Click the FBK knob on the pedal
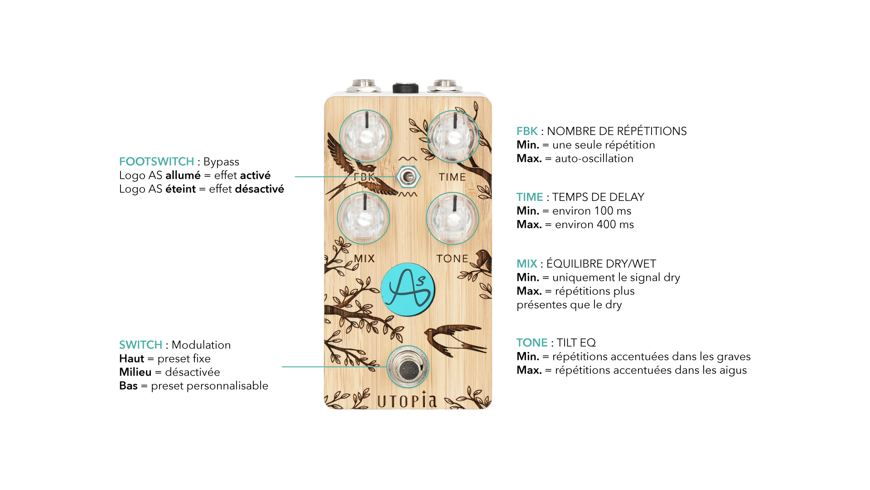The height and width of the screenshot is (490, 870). point(365,136)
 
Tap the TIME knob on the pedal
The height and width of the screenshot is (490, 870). point(453,136)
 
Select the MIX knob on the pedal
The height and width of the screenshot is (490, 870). point(363,218)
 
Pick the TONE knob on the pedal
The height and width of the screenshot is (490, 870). point(452,218)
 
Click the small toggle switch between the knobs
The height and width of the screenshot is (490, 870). point(408,177)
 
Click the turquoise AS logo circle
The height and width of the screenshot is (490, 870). point(408,289)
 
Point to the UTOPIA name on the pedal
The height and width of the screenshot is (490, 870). point(407,401)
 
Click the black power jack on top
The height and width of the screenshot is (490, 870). point(405,88)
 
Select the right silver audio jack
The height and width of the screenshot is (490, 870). point(445,85)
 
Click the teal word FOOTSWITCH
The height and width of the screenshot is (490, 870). point(156,162)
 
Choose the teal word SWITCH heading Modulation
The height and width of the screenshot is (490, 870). point(140,345)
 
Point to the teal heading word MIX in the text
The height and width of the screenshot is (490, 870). point(527,264)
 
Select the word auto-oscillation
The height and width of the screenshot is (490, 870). point(594,158)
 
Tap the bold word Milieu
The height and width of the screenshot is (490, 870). point(135,372)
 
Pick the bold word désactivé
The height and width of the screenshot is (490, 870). point(259,189)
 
